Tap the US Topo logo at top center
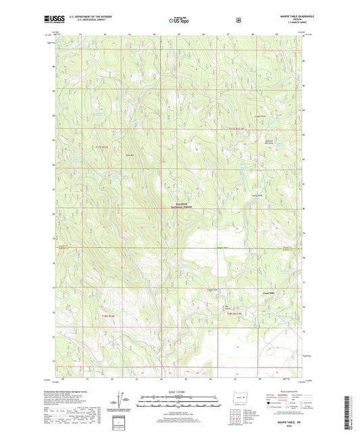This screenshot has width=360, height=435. tap(179, 21)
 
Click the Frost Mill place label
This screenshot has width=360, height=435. tap(267, 293)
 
